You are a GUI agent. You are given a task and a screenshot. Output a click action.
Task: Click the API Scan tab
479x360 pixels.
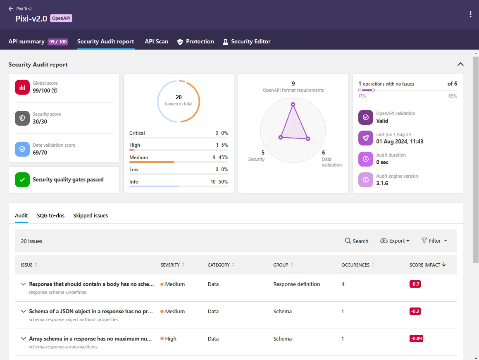156,41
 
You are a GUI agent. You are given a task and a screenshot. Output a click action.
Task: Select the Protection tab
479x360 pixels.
195,41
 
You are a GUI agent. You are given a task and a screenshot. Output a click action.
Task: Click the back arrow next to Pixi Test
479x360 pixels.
11,9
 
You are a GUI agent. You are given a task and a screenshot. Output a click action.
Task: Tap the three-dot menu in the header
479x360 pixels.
470,14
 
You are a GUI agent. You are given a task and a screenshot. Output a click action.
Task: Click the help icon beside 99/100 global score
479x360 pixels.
54,91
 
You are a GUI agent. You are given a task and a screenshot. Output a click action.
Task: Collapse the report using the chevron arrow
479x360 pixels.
460,64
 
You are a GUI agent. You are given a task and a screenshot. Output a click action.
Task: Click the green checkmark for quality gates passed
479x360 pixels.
22,180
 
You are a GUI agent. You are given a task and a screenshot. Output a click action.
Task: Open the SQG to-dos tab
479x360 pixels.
50,215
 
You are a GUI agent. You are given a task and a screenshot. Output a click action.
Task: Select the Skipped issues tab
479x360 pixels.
91,215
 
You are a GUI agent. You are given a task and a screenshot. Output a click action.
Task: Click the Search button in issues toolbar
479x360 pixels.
357,241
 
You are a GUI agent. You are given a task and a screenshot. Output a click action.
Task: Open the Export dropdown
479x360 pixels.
395,241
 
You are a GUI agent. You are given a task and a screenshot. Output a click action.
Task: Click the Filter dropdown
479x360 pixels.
434,241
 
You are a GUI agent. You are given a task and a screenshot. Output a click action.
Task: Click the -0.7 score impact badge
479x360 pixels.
415,284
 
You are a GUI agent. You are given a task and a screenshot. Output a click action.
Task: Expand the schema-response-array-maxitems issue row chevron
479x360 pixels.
24,339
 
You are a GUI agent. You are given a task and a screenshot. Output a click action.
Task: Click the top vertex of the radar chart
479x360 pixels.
293,105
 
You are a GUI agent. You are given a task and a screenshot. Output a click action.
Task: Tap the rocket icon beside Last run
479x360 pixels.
366,138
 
